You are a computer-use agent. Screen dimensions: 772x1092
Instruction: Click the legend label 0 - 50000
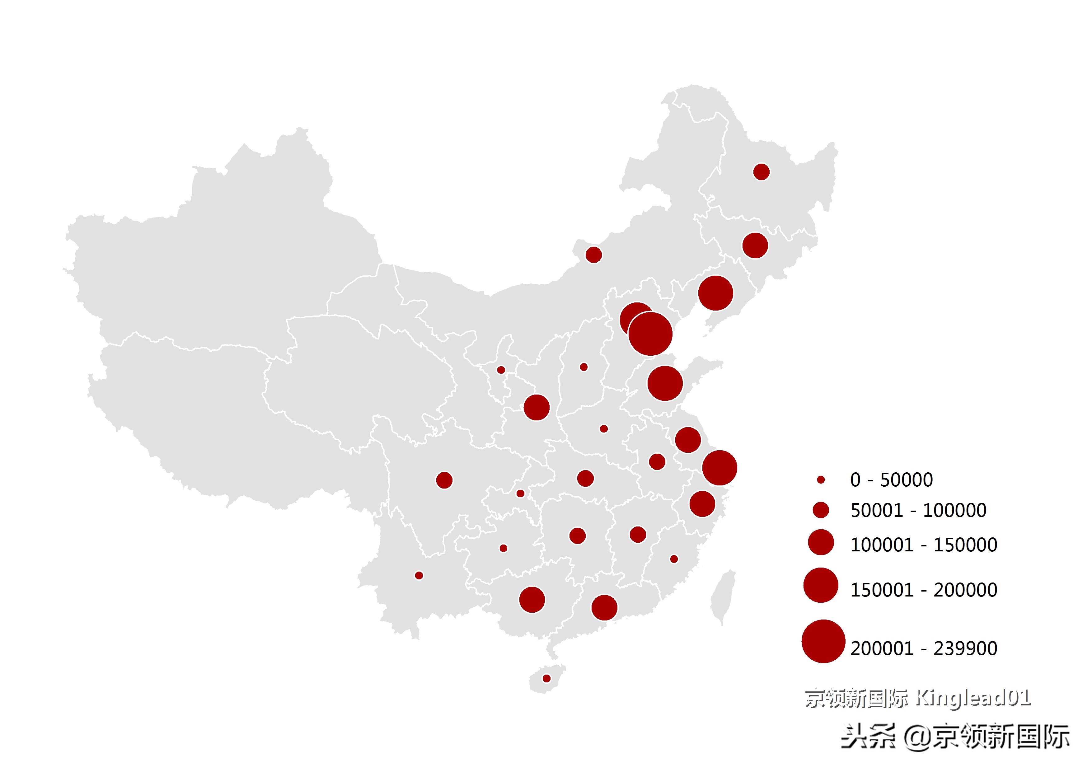point(891,480)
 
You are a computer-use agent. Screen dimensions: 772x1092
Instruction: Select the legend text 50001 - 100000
point(918,510)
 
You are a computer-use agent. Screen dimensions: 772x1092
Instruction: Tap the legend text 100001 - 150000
point(923,545)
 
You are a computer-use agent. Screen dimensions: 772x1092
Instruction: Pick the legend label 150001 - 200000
point(923,590)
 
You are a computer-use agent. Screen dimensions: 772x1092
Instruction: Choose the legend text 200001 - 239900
point(923,648)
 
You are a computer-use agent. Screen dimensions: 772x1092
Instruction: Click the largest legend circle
point(823,641)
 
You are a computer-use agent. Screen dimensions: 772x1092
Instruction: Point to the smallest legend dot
point(820,480)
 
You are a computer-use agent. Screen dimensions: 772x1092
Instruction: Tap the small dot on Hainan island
point(546,678)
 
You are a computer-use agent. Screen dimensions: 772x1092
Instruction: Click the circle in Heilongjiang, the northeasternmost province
point(761,172)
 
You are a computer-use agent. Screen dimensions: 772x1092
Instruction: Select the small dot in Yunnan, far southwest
point(419,576)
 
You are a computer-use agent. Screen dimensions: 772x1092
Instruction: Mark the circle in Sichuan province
point(444,480)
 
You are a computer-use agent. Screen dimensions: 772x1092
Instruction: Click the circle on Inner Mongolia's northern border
point(593,255)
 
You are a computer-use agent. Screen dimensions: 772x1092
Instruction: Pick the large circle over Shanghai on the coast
point(719,468)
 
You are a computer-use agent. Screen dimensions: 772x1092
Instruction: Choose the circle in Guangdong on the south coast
point(604,607)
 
